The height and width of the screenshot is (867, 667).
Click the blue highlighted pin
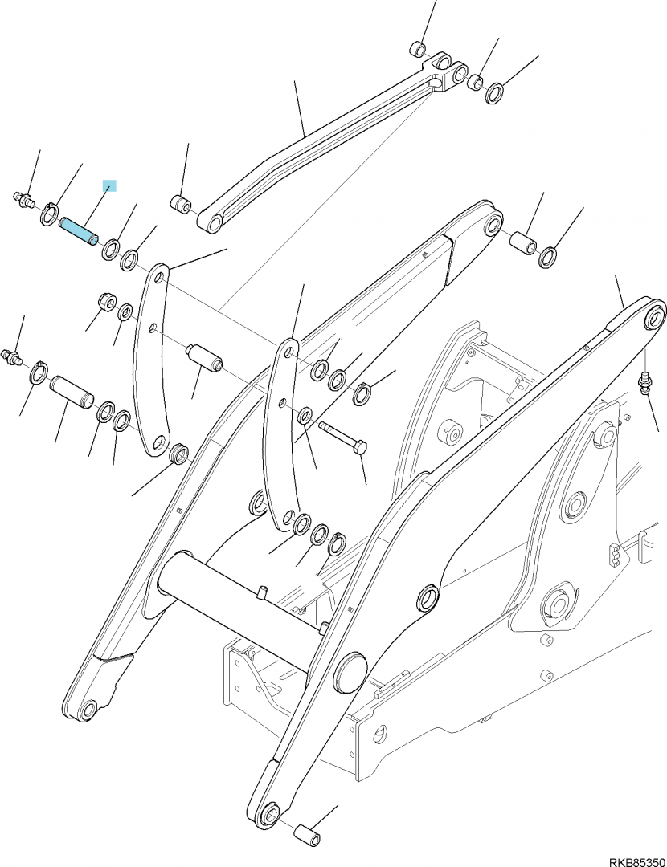[79, 232]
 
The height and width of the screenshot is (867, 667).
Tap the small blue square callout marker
[109, 185]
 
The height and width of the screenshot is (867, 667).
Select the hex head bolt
[342, 438]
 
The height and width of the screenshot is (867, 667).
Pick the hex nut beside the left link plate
[106, 303]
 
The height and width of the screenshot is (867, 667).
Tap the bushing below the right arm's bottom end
[307, 835]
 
